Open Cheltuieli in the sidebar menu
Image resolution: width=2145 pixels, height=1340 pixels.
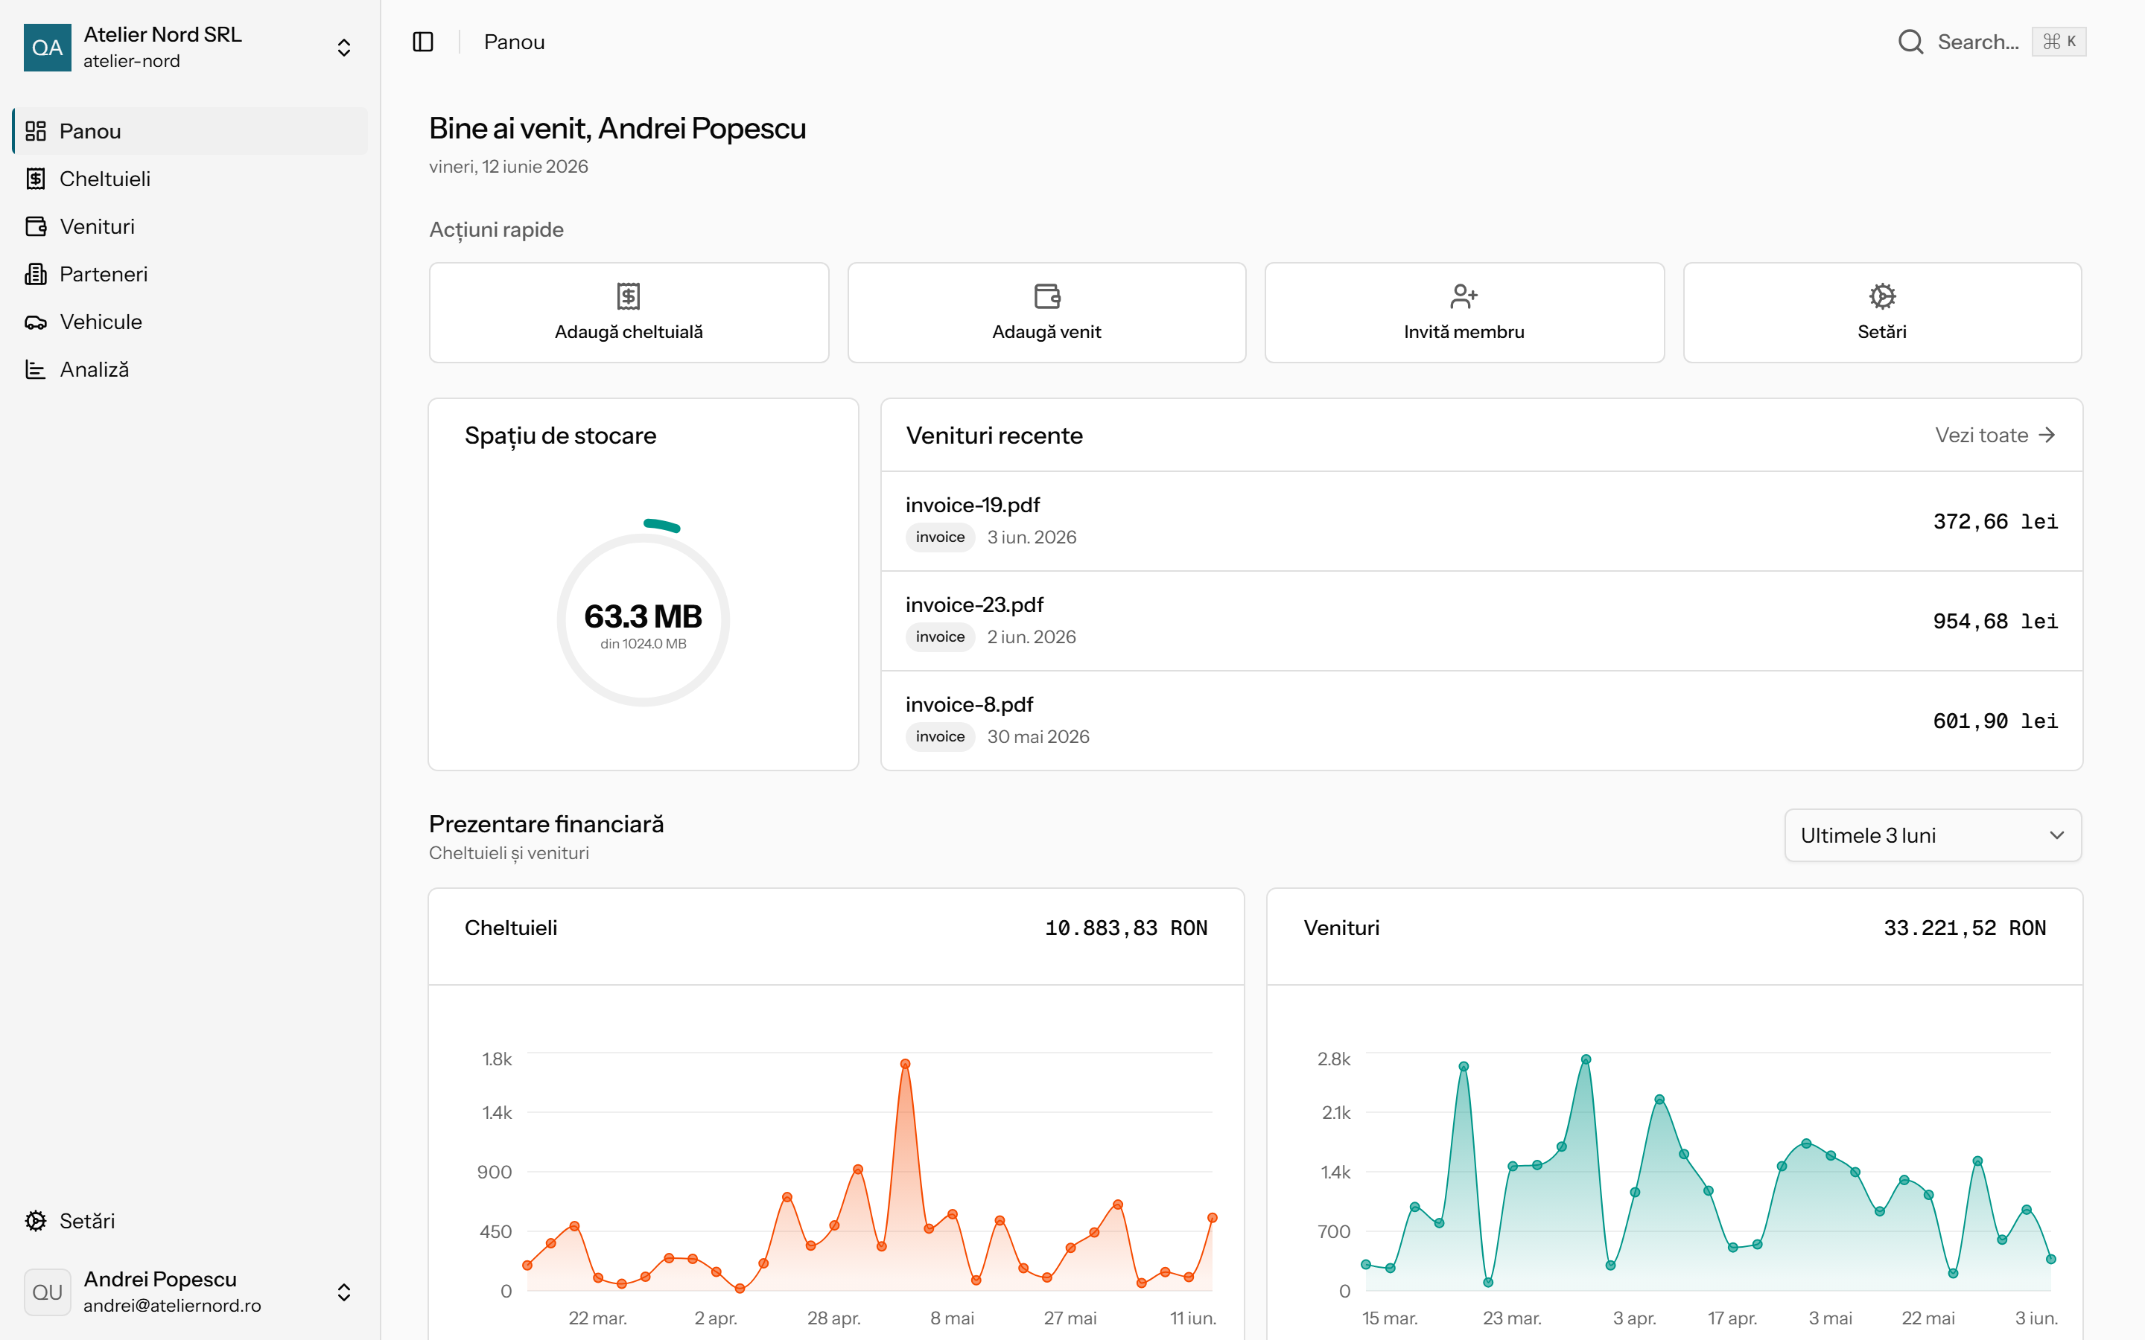(x=104, y=179)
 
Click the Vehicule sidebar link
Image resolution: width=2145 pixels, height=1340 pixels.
(x=100, y=322)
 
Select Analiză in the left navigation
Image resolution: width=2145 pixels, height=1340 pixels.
(x=94, y=369)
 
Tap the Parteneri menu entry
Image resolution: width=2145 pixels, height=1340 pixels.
(x=103, y=275)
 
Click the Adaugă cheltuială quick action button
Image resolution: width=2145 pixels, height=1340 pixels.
(x=629, y=312)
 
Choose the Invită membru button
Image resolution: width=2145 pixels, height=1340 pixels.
(x=1464, y=312)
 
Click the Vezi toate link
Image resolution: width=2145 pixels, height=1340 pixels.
(x=1995, y=435)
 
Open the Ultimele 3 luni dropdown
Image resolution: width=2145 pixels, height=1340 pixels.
(x=1932, y=835)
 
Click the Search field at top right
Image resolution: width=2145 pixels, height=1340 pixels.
(x=1991, y=42)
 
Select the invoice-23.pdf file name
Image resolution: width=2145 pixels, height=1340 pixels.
(x=974, y=604)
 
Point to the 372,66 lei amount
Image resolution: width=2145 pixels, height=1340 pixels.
(x=1995, y=521)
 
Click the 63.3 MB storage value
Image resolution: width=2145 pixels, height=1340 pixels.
(x=643, y=616)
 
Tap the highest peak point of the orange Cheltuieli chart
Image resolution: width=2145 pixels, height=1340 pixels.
(x=905, y=1064)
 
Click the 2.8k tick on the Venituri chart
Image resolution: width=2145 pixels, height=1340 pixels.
(x=1333, y=1059)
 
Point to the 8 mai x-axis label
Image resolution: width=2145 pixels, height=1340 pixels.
(x=952, y=1318)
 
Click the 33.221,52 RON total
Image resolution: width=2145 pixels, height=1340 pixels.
(x=1964, y=928)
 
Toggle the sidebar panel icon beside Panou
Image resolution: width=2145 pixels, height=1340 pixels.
(x=423, y=42)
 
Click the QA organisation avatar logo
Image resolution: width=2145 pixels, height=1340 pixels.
(x=47, y=47)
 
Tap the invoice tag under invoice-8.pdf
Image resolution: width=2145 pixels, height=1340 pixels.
(x=939, y=736)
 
